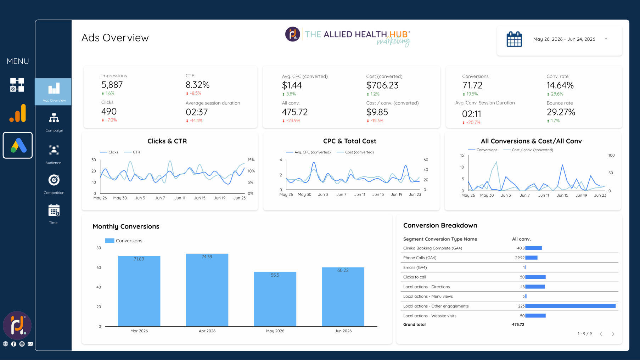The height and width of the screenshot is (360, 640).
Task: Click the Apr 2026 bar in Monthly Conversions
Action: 207,290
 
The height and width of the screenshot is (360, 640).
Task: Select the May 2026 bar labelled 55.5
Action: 275,299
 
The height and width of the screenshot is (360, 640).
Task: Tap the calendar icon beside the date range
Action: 514,39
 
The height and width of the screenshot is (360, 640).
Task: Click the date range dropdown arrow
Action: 606,39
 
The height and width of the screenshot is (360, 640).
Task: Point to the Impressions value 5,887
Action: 112,85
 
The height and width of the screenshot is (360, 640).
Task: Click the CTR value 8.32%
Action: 198,85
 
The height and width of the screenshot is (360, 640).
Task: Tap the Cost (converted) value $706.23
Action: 382,85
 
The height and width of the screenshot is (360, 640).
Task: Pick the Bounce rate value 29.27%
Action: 561,112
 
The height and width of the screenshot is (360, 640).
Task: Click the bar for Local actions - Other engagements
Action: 571,306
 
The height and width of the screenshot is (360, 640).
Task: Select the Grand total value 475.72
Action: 518,325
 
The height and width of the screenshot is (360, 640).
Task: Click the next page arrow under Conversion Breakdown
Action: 613,334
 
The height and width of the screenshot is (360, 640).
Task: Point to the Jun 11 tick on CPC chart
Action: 360,195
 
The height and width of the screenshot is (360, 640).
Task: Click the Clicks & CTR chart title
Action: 167,141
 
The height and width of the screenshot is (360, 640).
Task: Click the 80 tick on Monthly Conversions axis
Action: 99,248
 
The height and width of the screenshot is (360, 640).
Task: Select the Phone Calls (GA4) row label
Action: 420,258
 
